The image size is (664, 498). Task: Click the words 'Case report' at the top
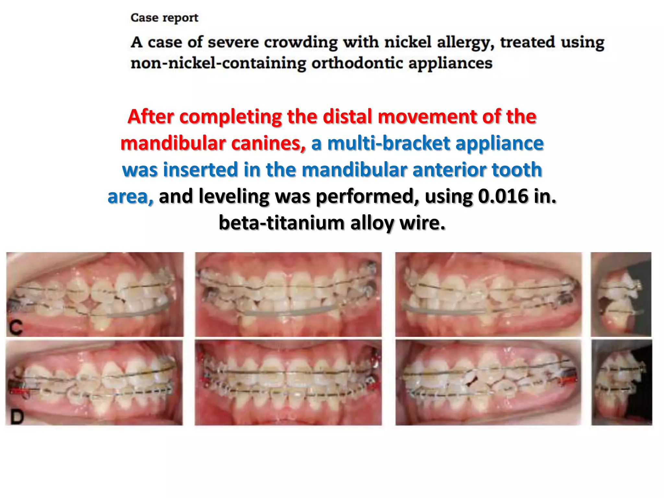click(164, 18)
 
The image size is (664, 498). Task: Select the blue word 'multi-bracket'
click(389, 143)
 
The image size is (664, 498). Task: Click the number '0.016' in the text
click(503, 196)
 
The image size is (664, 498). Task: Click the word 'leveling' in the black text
click(234, 196)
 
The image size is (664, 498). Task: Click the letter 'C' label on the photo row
click(16, 327)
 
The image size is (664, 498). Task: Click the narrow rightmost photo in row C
click(621, 294)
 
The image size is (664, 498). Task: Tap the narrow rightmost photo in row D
click(621, 383)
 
